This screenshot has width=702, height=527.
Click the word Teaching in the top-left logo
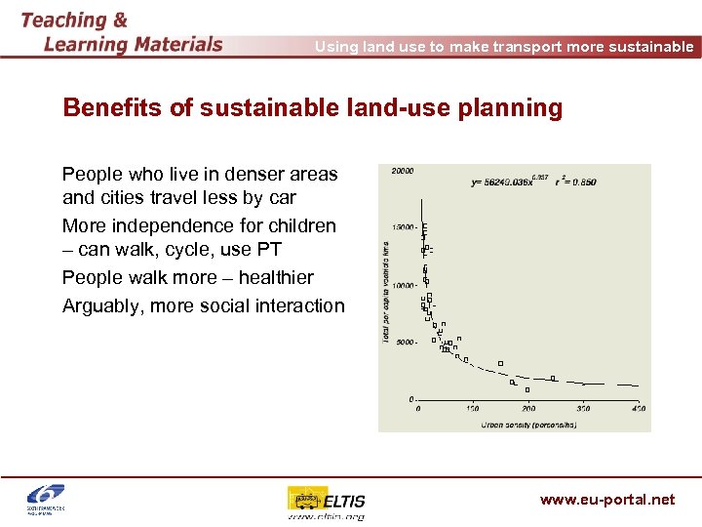[x=63, y=20]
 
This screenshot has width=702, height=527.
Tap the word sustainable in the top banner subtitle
[x=644, y=47]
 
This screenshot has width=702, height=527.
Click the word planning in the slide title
[x=517, y=108]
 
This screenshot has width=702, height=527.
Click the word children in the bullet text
[x=299, y=225]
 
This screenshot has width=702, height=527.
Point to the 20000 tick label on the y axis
[x=402, y=171]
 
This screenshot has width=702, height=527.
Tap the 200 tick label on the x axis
[x=527, y=409]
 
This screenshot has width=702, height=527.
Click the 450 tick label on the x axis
[x=638, y=409]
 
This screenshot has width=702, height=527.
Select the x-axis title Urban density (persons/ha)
[x=527, y=424]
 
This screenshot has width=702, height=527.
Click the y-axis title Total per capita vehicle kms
[x=387, y=293]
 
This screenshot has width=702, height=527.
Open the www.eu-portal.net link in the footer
[x=606, y=500]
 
